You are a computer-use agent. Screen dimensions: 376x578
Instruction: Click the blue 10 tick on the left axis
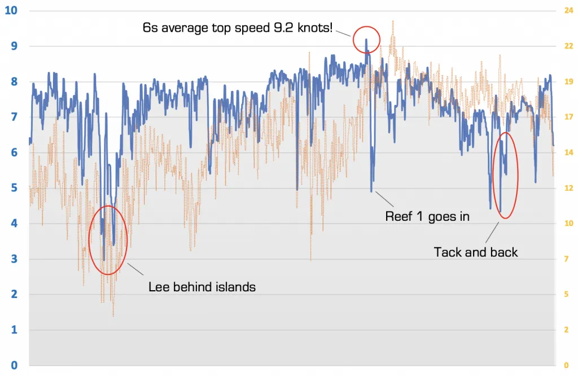(11, 10)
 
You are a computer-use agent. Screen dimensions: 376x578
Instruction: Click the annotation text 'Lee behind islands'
(202, 287)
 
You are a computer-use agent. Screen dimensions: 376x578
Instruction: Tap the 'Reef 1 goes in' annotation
(427, 216)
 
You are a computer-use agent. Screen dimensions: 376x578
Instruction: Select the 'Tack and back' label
(475, 252)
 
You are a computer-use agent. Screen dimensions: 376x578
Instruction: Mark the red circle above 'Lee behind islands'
(108, 240)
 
